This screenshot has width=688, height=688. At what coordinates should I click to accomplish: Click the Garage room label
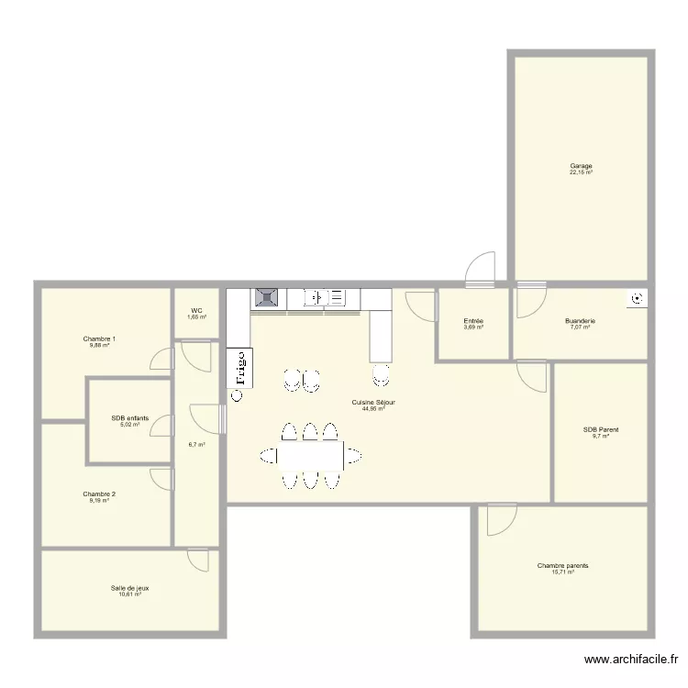click(581, 166)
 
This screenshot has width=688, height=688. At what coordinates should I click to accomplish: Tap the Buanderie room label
click(581, 321)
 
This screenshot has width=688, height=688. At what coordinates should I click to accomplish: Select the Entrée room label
click(473, 321)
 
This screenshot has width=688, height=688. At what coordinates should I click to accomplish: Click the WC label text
click(196, 311)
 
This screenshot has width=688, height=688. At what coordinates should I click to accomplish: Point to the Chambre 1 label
click(99, 338)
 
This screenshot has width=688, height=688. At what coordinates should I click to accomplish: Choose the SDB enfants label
click(129, 418)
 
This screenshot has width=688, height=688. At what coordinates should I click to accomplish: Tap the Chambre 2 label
click(99, 494)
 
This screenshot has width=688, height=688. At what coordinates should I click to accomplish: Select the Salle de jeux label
click(129, 587)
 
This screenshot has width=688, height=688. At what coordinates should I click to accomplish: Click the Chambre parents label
click(563, 566)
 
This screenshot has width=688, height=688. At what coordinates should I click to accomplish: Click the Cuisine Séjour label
click(373, 402)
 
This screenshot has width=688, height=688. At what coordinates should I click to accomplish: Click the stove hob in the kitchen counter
click(267, 297)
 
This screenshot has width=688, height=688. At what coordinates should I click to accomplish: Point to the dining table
click(311, 455)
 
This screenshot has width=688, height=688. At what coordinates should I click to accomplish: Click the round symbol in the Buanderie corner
click(637, 298)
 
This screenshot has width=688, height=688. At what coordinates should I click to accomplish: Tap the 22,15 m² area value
click(581, 172)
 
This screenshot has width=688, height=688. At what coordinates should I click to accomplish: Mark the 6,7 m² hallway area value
click(196, 444)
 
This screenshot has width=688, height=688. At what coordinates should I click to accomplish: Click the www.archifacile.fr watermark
click(633, 659)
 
